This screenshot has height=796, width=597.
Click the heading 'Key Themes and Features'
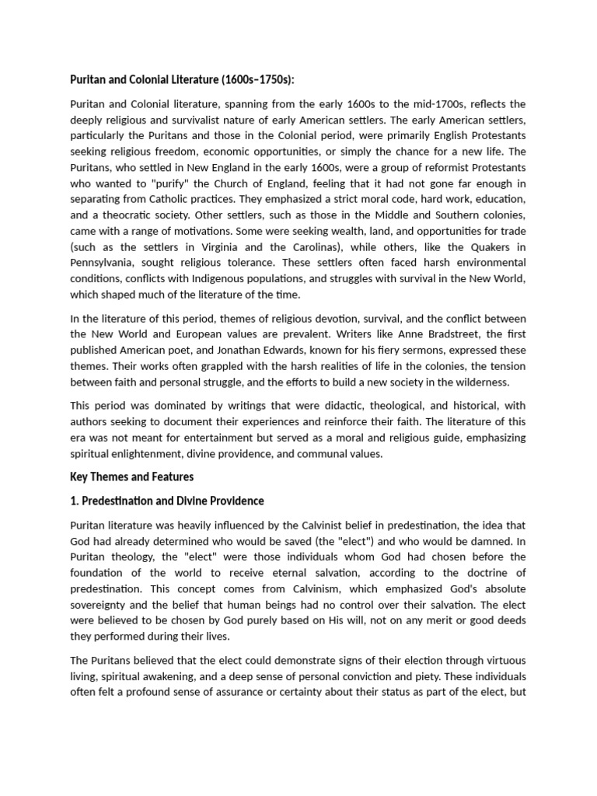click(x=131, y=477)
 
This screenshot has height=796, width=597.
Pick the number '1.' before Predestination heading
click(x=75, y=501)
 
